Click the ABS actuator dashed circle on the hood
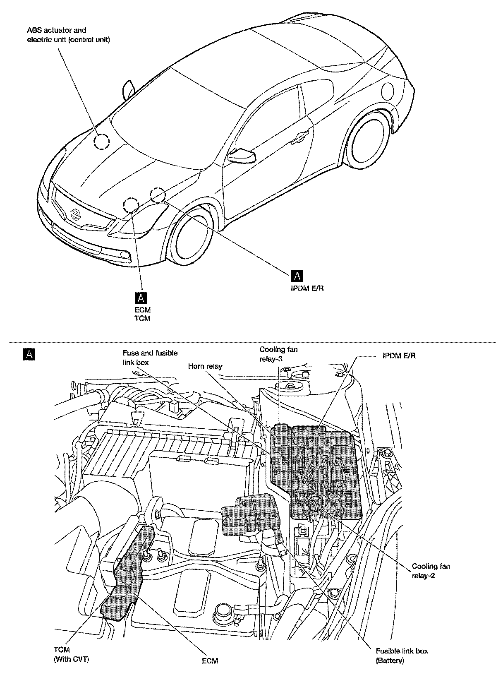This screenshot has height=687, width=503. pyautogui.click(x=101, y=142)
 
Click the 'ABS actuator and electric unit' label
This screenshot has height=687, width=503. pyautogui.click(x=68, y=35)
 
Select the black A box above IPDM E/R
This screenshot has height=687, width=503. pyautogui.click(x=297, y=276)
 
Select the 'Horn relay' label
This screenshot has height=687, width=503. pyautogui.click(x=205, y=366)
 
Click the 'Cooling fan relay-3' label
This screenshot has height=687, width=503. pyautogui.click(x=278, y=354)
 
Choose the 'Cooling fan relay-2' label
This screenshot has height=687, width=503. pyautogui.click(x=430, y=571)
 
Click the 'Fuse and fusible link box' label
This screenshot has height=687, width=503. pyautogui.click(x=150, y=357)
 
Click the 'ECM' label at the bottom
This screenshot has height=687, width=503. pyautogui.click(x=210, y=661)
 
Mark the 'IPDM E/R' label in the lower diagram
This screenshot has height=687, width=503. pyautogui.click(x=399, y=356)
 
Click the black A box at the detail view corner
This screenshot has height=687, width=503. pyautogui.click(x=29, y=354)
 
